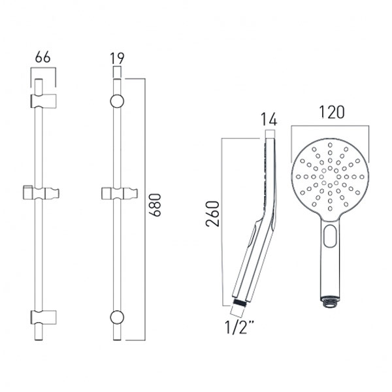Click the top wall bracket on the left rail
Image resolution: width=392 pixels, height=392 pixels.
(43, 101)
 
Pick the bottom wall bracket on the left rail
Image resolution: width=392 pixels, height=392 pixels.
(43, 318)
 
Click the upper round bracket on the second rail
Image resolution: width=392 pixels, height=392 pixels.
(118, 101)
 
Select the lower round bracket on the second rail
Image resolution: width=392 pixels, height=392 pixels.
(118, 318)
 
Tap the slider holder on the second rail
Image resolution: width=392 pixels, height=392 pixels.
(119, 193)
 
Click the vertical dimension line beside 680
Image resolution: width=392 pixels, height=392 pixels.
(142, 209)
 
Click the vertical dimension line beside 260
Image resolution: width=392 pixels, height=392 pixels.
(223, 216)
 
